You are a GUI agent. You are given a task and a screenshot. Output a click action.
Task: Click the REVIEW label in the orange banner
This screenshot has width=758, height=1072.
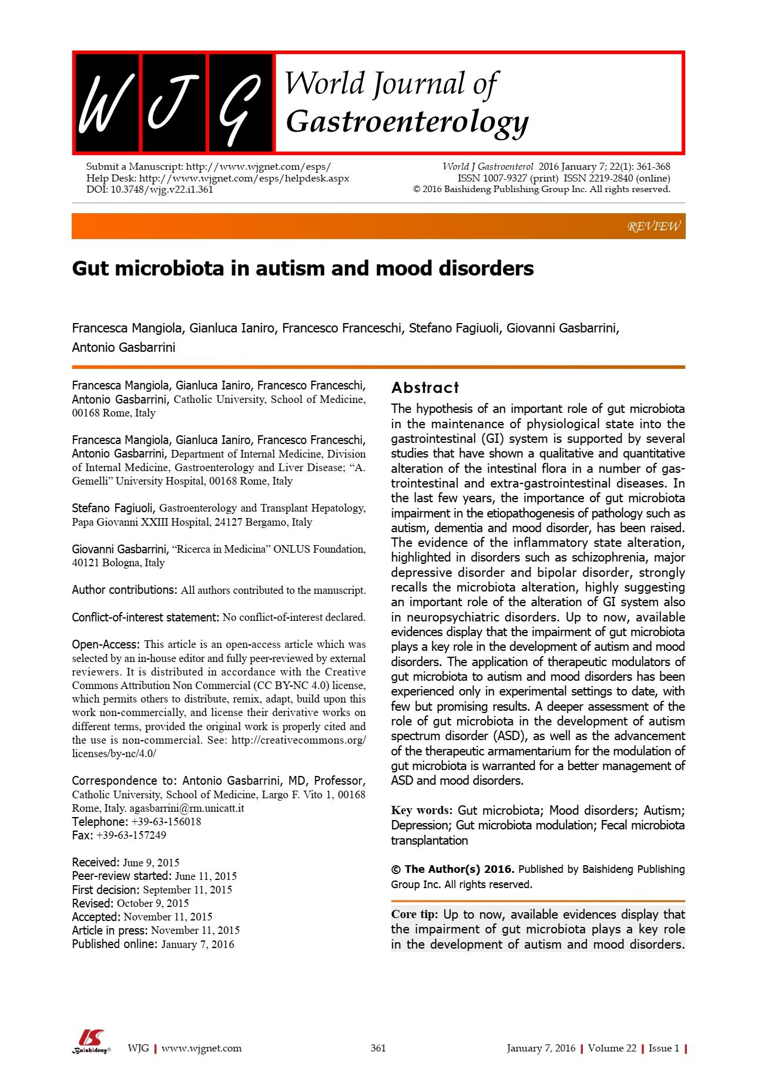[653, 226]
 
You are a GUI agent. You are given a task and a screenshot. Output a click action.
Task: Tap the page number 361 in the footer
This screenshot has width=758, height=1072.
[378, 1048]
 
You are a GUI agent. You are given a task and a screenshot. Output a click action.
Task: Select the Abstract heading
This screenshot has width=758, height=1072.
[425, 388]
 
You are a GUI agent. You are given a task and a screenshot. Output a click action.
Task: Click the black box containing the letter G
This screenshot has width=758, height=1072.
[240, 103]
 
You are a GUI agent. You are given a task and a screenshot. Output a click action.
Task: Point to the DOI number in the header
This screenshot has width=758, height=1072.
[162, 189]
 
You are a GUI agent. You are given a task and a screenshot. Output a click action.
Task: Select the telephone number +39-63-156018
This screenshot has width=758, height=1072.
[166, 822]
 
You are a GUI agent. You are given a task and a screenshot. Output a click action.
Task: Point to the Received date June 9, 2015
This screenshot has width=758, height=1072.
[151, 862]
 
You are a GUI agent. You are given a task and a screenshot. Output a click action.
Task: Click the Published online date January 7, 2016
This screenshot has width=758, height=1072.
[197, 944]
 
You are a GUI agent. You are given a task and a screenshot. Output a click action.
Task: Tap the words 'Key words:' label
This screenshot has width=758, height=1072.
[421, 811]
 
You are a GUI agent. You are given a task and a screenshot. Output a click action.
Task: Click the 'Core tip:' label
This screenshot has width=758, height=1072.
[414, 915]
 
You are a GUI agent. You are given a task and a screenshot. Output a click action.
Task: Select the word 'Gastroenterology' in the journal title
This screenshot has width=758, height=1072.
[407, 122]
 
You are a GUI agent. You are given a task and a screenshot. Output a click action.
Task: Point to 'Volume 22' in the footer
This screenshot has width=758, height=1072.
[612, 1048]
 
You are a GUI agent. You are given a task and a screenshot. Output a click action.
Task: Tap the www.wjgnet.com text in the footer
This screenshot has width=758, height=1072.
[202, 1048]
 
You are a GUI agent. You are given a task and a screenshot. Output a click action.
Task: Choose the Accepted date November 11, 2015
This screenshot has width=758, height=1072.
[168, 916]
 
